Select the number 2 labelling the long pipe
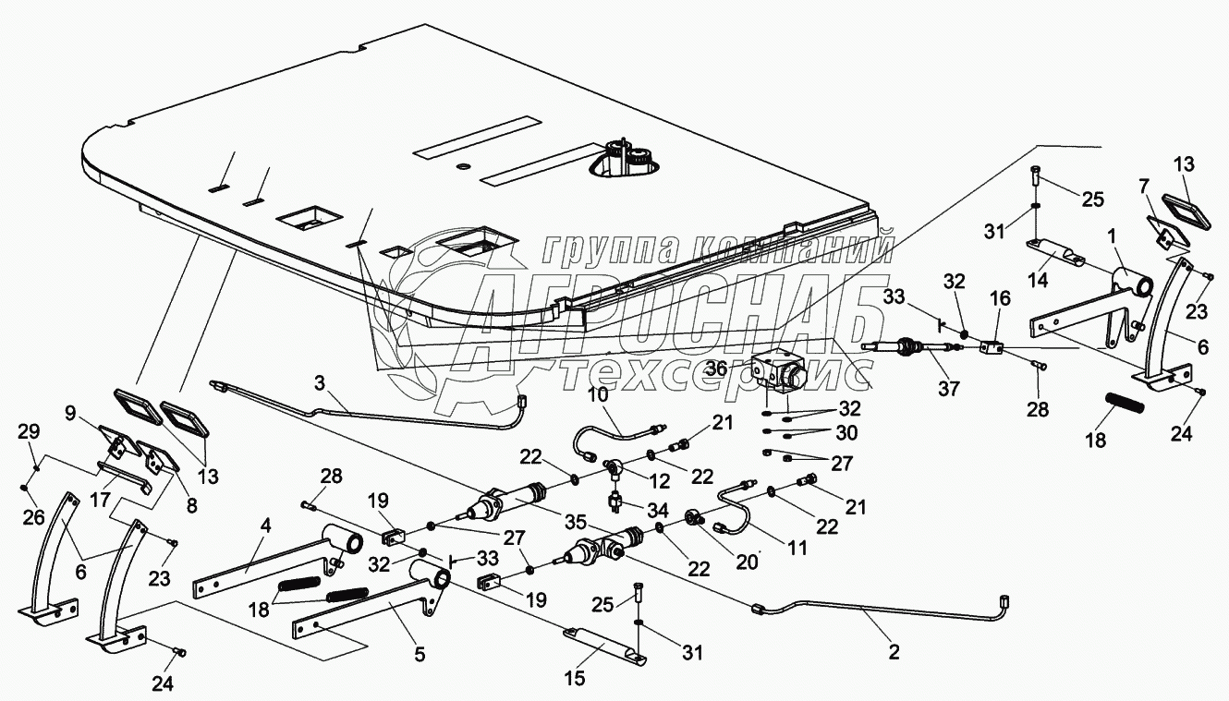(893, 652)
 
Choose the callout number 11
(797, 548)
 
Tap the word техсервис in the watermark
(712, 372)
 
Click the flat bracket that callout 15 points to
(605, 644)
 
